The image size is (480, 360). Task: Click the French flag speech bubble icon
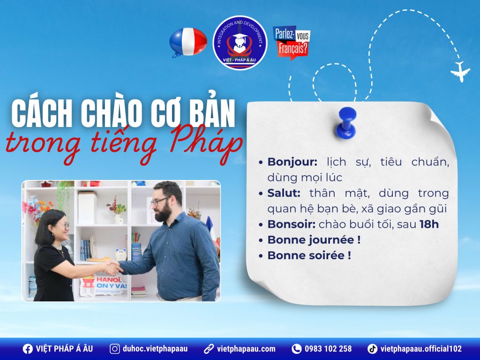(187, 42)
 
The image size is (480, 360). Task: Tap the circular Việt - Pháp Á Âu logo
(240, 43)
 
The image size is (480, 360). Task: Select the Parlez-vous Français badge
(291, 42)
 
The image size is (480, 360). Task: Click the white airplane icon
(460, 72)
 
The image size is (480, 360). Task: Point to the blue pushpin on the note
(347, 121)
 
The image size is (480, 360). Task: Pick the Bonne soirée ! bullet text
(309, 255)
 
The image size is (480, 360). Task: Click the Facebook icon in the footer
(28, 349)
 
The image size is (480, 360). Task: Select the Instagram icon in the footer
(114, 349)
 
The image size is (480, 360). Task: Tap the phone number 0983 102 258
(328, 349)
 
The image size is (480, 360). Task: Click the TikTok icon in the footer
(372, 349)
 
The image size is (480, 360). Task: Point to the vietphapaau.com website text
(246, 349)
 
